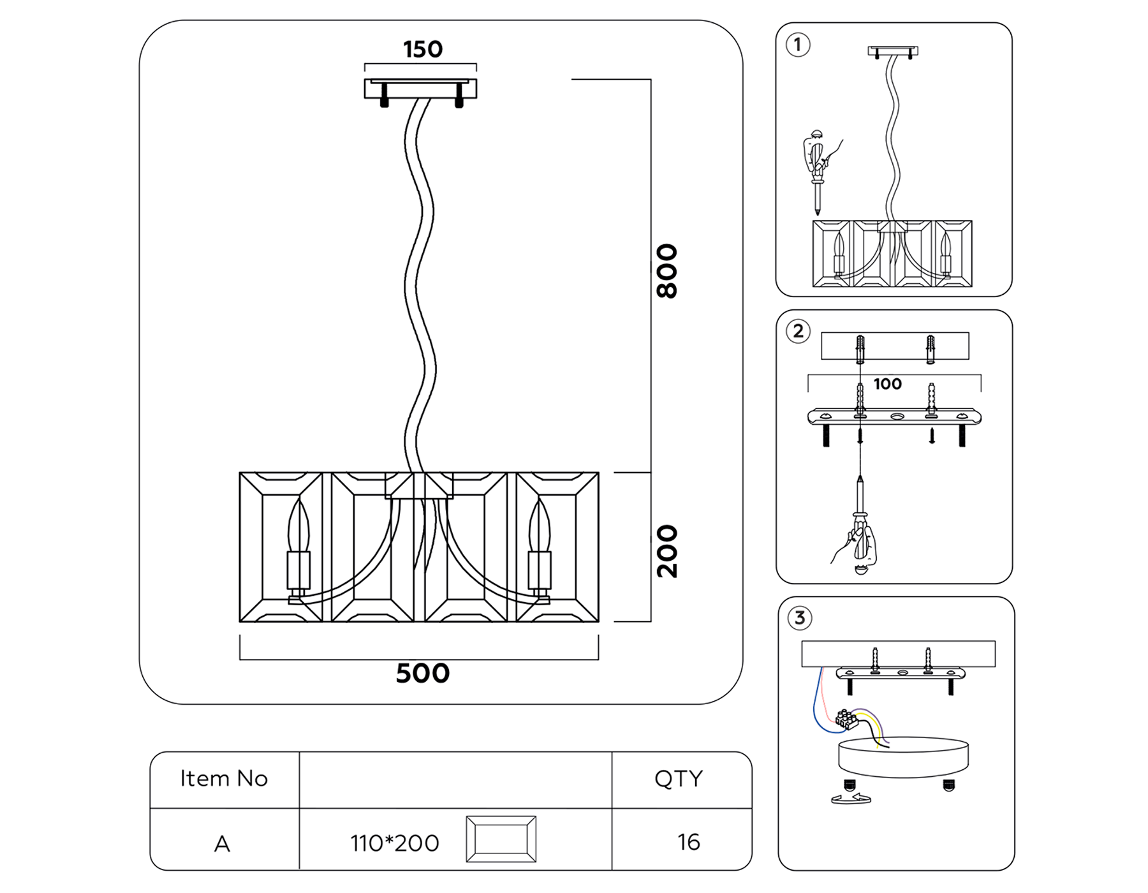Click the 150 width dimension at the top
(x=422, y=49)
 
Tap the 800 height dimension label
(x=667, y=270)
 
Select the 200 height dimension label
(x=667, y=551)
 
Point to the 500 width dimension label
(x=422, y=674)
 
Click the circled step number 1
(x=798, y=45)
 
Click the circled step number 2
(x=798, y=331)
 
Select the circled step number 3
(x=800, y=617)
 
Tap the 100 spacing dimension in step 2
(x=887, y=384)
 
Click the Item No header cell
(x=224, y=779)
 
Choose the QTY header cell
(x=679, y=779)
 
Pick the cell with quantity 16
(x=688, y=842)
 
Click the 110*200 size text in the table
(x=394, y=843)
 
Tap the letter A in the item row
(x=222, y=844)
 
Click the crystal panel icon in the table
(x=501, y=839)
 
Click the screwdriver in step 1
(x=817, y=169)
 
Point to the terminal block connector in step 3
(x=846, y=719)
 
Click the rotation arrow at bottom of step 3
(x=851, y=798)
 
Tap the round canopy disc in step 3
(x=903, y=756)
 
